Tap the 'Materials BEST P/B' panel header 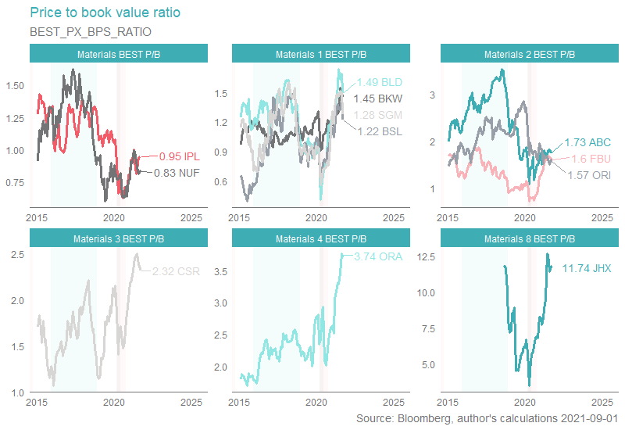point(119,54)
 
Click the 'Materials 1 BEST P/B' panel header point(321,54)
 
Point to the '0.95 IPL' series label point(180,156)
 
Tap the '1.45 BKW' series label point(378,99)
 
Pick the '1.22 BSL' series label point(380,131)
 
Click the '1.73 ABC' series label point(587,143)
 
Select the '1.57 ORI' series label point(588,174)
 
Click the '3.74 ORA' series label point(377,256)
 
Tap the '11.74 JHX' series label point(576,268)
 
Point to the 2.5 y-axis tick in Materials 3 point(16,255)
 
